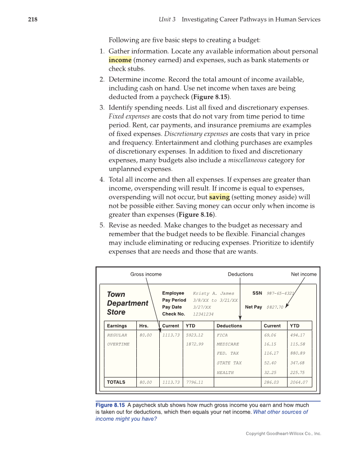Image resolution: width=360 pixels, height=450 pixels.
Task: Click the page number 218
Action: click(32, 19)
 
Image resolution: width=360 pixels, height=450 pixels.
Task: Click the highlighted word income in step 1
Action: click(120, 60)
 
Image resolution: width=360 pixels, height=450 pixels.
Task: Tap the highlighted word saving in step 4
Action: click(219, 197)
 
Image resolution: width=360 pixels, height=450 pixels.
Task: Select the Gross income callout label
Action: click(146, 274)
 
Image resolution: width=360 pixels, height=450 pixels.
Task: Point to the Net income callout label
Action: click(304, 274)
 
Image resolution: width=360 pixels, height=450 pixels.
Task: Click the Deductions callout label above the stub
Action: click(240, 274)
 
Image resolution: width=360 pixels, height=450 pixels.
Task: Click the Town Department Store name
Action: click(127, 303)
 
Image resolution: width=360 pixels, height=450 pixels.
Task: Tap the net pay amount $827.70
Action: click(275, 307)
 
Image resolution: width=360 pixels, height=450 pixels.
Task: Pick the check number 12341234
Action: click(203, 314)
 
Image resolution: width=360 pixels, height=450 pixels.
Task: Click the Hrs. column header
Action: click(144, 326)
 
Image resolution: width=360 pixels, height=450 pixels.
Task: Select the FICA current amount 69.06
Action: click(270, 335)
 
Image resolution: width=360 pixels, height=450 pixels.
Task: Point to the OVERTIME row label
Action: click(118, 344)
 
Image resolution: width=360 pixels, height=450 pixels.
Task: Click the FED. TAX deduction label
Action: click(228, 354)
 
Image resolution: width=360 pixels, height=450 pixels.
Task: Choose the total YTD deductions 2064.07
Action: click(299, 382)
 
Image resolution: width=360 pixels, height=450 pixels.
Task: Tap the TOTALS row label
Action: click(116, 382)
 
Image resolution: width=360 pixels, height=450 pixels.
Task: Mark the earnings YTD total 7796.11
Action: click(194, 382)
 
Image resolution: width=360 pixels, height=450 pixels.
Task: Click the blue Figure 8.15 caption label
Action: click(110, 405)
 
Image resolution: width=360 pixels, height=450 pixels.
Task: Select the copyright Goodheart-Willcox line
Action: click(283, 434)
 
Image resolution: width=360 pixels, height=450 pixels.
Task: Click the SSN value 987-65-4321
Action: click(280, 293)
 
